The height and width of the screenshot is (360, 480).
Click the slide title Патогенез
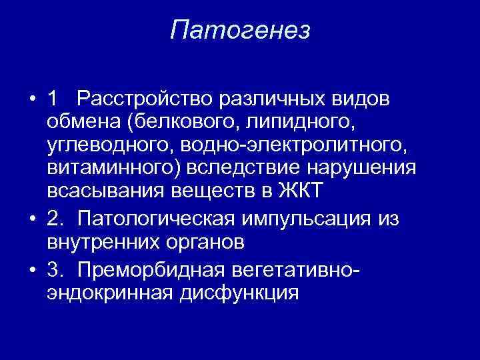tap(240, 30)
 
